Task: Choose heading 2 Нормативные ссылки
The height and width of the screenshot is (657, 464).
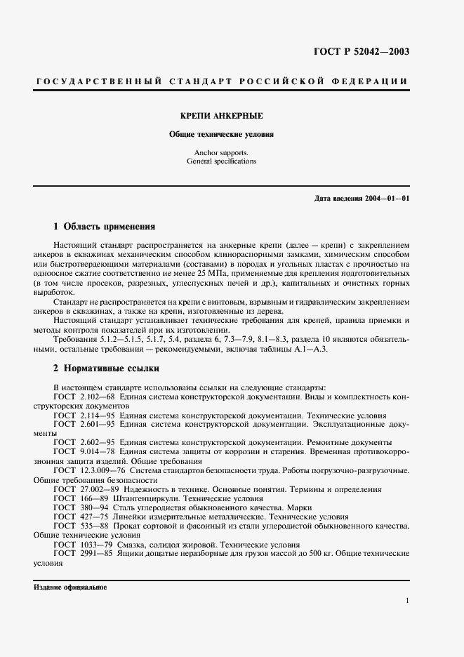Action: click(107, 368)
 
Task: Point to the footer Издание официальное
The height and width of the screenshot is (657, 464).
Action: click(70, 588)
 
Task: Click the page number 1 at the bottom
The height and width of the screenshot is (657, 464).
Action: click(407, 601)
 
